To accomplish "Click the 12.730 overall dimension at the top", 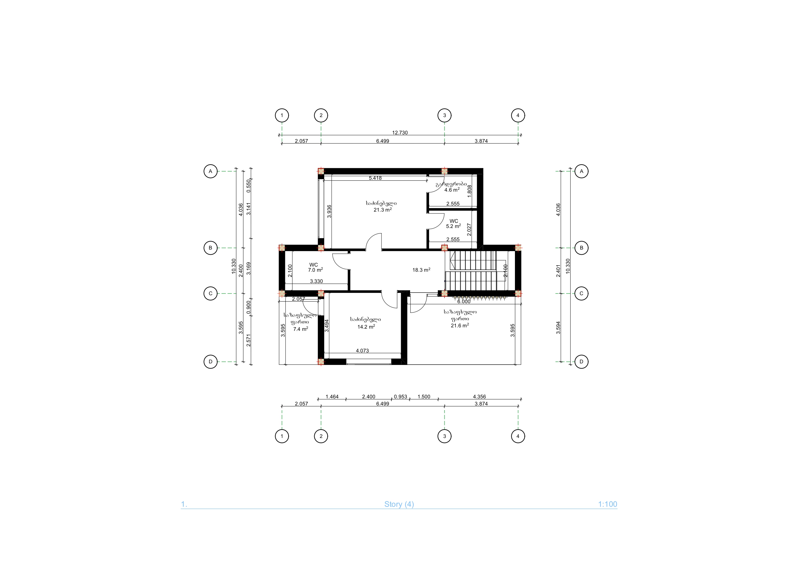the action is point(400,132).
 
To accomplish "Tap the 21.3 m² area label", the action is point(383,210).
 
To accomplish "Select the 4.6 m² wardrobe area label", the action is point(452,190).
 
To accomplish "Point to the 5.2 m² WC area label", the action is point(454,226).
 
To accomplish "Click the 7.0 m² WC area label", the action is point(315,270).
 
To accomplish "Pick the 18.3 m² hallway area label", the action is point(421,270).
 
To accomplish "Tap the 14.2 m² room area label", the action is point(366,327).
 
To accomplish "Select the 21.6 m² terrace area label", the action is point(460,325).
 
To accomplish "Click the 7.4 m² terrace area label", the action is point(301,329).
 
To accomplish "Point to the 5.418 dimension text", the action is point(375,178).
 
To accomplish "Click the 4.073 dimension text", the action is point(362,350).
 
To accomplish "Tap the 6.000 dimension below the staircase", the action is point(463,301).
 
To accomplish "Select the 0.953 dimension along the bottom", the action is point(400,396).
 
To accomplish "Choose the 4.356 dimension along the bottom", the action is point(479,396).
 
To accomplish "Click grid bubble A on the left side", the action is point(210,171).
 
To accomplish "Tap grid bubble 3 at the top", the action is point(444,115).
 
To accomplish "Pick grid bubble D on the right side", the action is point(582,362).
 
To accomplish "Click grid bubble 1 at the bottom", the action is point(282,436).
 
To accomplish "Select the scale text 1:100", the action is point(608,504).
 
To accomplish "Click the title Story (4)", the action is point(399,504).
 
